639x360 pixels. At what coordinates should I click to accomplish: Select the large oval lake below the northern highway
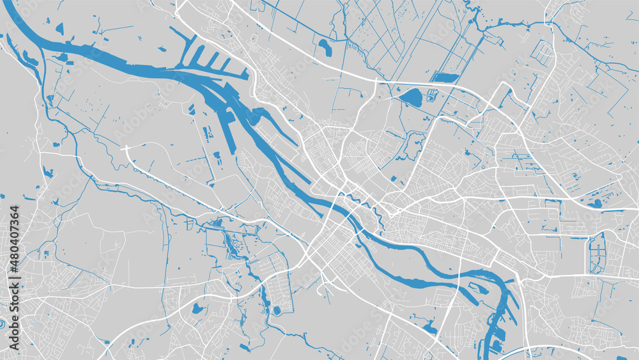[411, 98]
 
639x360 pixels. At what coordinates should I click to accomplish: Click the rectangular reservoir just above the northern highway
[445, 78]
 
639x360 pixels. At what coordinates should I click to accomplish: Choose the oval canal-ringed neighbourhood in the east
[597, 253]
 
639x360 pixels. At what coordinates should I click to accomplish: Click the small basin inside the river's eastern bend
[480, 289]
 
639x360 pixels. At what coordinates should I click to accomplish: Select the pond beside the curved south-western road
[197, 309]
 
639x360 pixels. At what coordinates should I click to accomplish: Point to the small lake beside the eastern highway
[597, 203]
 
